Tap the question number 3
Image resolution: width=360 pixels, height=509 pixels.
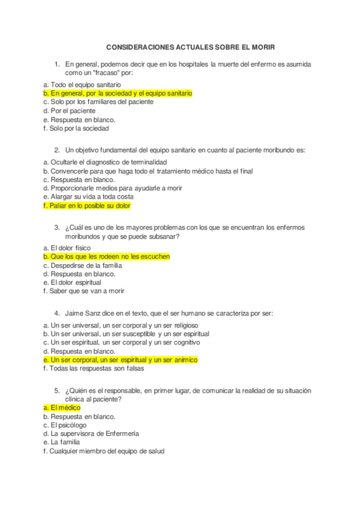56,227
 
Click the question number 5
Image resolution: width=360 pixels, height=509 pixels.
56,390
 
